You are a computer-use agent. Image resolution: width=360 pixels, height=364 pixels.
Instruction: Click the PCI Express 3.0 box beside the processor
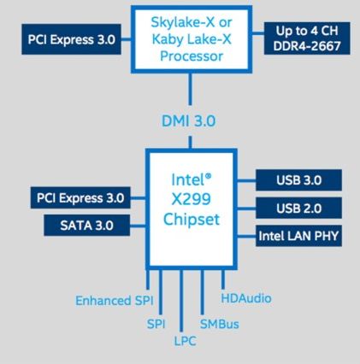[71, 39]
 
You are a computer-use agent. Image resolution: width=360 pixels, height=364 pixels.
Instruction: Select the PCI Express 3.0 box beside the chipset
[80, 197]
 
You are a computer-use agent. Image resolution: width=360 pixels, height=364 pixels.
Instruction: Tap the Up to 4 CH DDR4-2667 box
[307, 38]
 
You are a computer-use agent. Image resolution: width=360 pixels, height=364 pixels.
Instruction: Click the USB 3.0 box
[298, 180]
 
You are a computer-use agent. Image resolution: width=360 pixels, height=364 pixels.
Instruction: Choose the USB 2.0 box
[298, 208]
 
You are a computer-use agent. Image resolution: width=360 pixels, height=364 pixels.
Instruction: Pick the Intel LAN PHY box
[298, 236]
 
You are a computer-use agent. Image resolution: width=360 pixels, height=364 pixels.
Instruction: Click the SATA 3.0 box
[86, 225]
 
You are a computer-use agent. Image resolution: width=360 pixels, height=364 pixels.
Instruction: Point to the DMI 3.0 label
[188, 120]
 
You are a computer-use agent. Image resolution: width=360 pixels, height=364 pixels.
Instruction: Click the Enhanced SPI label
[115, 301]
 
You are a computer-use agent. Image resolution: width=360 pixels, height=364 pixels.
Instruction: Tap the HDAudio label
[246, 298]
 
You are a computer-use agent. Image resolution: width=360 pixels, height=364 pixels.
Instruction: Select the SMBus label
[219, 324]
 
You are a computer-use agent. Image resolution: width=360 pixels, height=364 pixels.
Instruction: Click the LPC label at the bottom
[186, 341]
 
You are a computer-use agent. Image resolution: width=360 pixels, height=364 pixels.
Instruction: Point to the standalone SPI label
[156, 324]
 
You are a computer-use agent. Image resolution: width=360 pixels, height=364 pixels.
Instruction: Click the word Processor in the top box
[192, 56]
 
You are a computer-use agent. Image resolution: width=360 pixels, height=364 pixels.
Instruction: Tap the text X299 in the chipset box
[192, 199]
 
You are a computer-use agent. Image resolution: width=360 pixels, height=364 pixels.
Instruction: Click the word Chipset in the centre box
[192, 220]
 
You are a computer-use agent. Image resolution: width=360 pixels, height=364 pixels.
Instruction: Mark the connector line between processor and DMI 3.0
[190, 89]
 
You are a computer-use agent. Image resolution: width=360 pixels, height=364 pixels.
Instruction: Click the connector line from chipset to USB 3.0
[246, 180]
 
